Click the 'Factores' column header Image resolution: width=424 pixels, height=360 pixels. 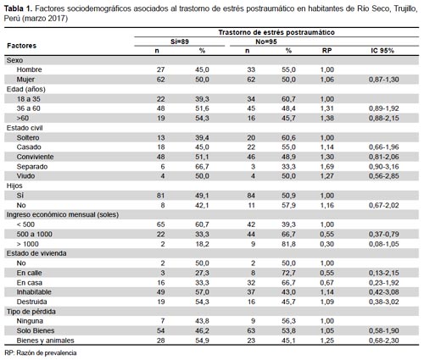[x=22, y=46]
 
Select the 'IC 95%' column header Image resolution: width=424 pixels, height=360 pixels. [x=382, y=51]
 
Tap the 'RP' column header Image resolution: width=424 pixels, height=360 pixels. [x=326, y=51]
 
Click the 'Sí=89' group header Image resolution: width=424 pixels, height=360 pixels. [x=180, y=42]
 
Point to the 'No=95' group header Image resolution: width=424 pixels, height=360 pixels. [x=266, y=42]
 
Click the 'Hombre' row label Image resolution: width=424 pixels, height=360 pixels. [x=29, y=69]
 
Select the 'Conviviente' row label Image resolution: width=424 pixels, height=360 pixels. [x=35, y=157]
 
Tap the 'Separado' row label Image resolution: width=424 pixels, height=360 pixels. [x=32, y=167]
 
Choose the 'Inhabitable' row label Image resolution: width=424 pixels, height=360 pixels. [x=34, y=292]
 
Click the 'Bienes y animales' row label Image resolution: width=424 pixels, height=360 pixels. [x=45, y=341]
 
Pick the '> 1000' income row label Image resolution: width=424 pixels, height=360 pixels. [x=28, y=244]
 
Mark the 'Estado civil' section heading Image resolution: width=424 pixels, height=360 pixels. [x=25, y=128]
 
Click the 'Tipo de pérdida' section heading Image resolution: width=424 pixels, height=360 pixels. [x=31, y=312]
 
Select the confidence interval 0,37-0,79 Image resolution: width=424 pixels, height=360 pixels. [x=384, y=235]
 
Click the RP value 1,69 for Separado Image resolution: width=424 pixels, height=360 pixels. [x=327, y=167]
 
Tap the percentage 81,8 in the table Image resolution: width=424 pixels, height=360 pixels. [x=288, y=244]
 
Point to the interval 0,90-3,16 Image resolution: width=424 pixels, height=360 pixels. [x=384, y=167]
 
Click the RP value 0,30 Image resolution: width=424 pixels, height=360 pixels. [x=327, y=244]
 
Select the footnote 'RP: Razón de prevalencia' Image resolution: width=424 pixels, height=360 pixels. [x=41, y=353]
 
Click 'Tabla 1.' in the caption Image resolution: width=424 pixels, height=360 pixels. [x=19, y=9]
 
